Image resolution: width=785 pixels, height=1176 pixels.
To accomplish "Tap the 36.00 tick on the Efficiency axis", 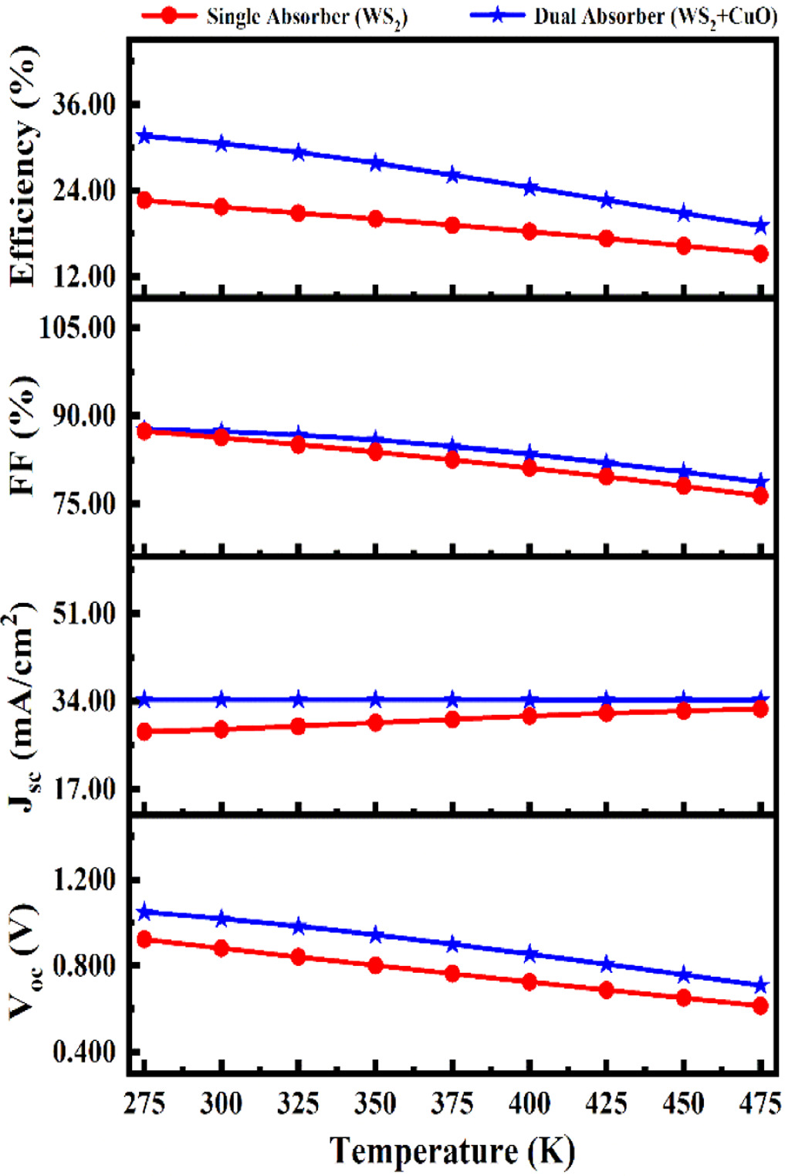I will (83, 104).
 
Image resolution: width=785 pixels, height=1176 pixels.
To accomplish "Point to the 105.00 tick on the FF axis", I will (78, 327).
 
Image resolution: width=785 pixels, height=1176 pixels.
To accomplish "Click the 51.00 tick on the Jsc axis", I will (83, 614).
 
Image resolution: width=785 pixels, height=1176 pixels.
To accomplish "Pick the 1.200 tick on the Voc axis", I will (83, 879).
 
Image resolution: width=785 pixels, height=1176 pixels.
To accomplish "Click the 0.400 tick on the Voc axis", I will (83, 1052).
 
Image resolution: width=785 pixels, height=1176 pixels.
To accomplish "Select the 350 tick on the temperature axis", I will (375, 1104).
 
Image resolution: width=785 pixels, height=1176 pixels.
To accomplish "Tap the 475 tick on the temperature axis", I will (760, 1104).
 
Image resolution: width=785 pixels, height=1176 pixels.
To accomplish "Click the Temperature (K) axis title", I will (452, 1151).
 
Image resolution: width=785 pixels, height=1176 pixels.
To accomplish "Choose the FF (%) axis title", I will (23, 436).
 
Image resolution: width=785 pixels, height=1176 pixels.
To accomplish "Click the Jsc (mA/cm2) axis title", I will (23, 707).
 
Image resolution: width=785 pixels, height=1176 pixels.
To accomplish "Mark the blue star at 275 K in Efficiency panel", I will (144, 137).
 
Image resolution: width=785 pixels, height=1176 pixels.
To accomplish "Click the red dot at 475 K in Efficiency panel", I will (760, 253).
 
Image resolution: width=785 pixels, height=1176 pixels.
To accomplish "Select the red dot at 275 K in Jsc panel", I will (144, 731).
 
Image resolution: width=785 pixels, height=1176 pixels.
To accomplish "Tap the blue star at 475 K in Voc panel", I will (760, 985).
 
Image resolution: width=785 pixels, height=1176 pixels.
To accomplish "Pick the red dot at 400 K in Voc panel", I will (530, 982).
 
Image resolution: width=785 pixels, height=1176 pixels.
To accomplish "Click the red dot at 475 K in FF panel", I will (760, 496).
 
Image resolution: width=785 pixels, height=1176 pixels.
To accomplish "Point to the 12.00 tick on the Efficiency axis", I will (83, 276).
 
